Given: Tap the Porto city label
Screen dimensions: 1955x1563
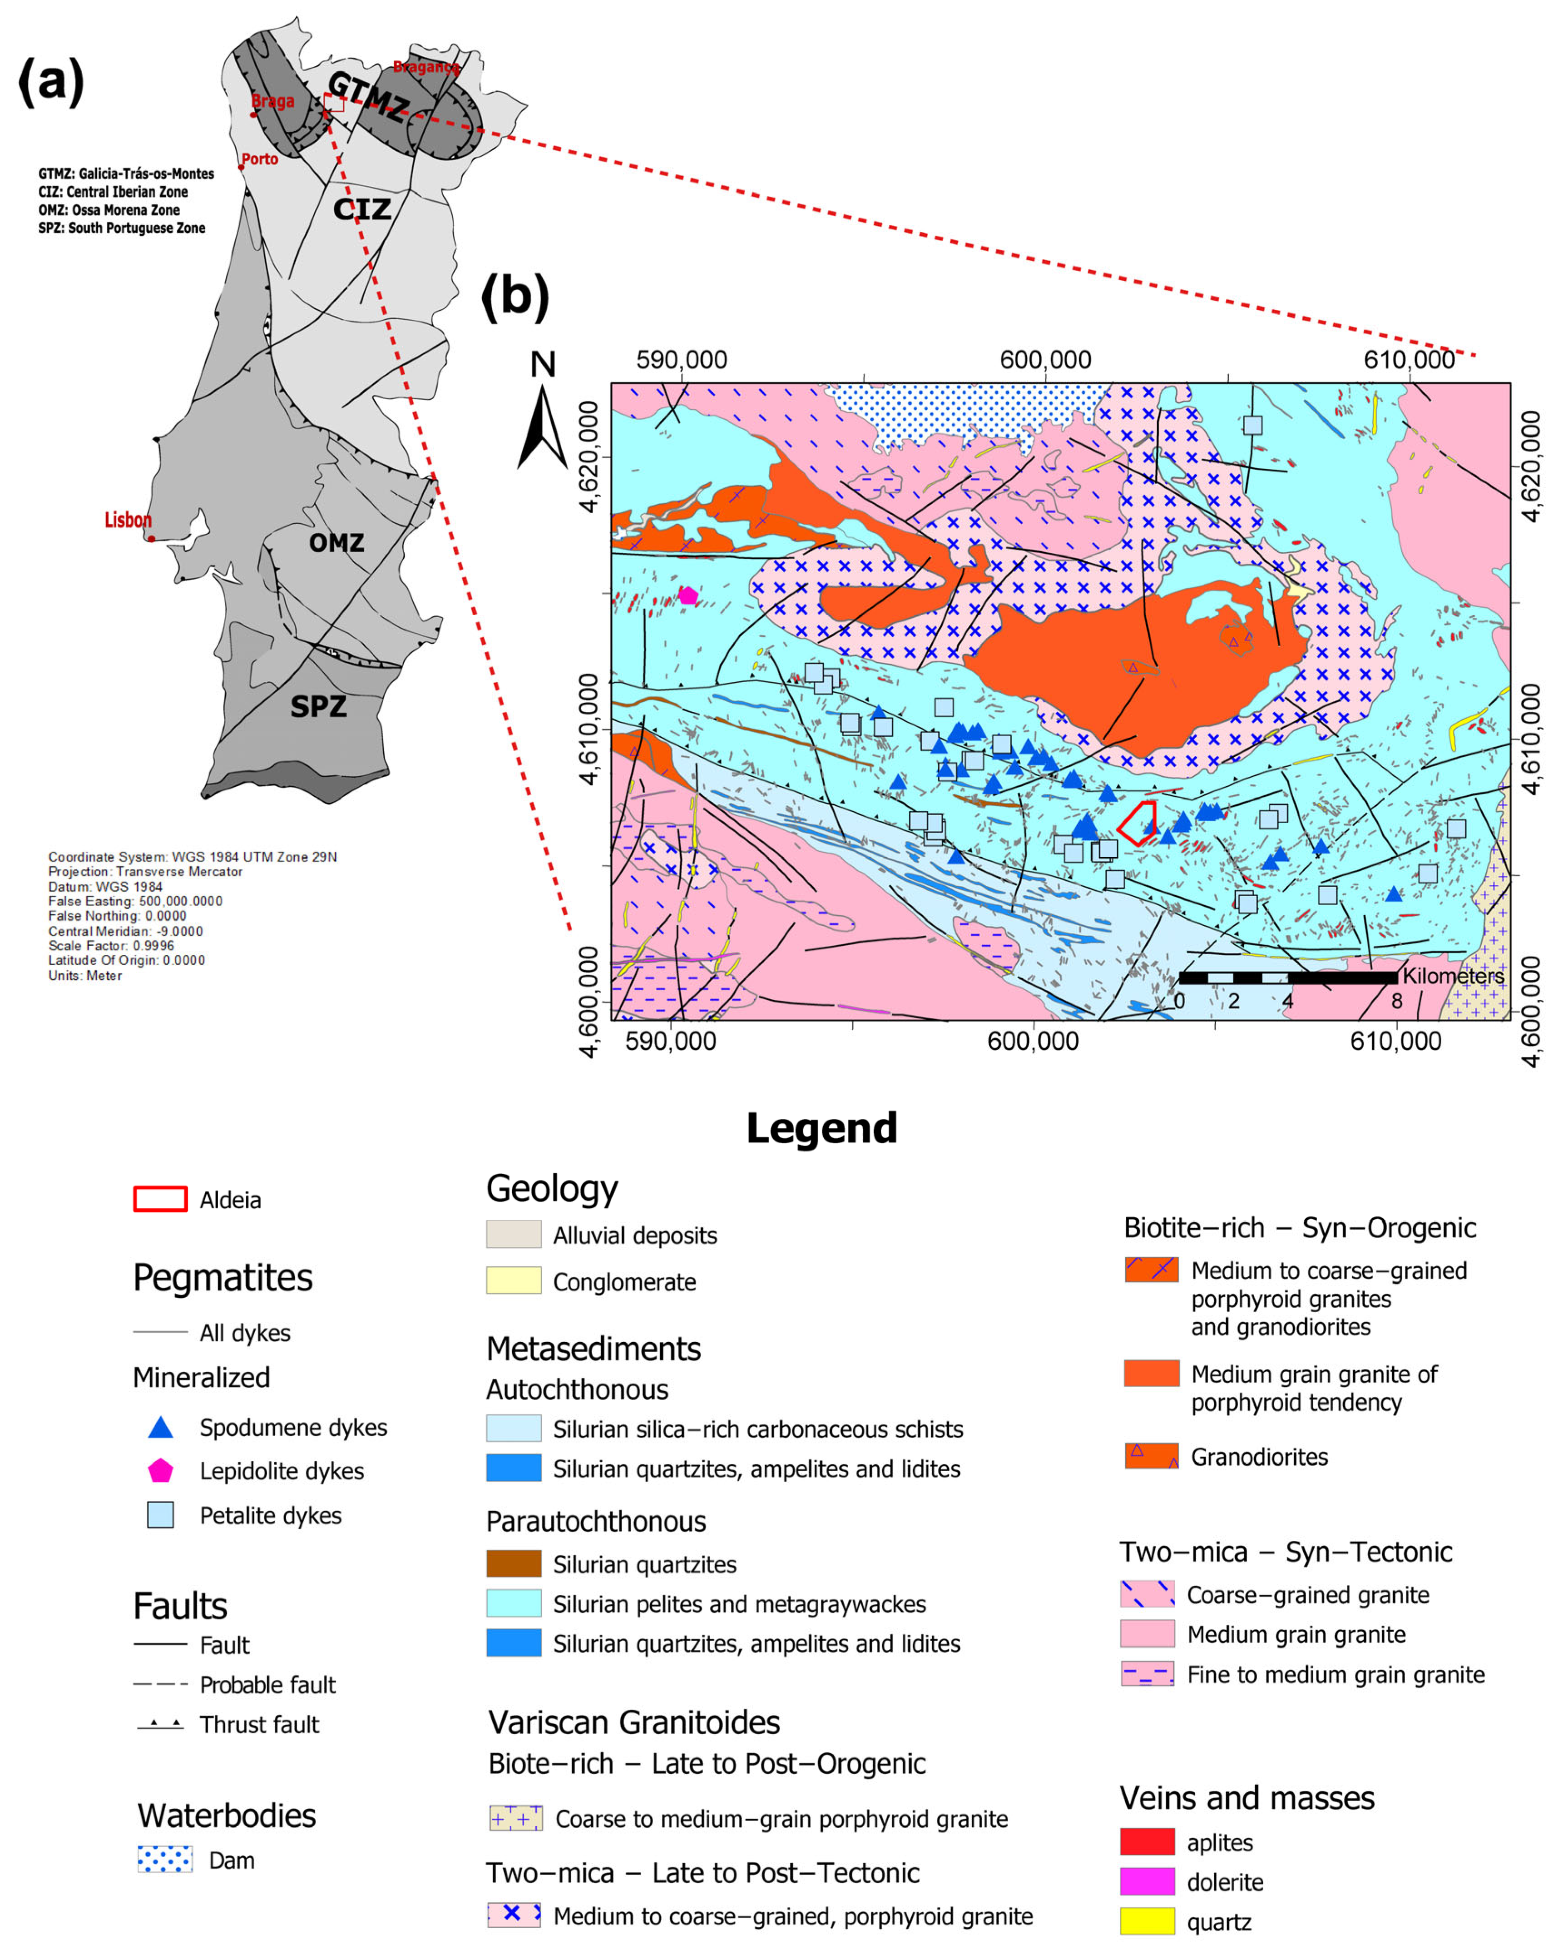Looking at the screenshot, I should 259,159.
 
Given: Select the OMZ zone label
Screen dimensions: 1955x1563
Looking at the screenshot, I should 336,543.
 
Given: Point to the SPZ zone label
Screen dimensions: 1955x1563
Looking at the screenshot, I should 318,706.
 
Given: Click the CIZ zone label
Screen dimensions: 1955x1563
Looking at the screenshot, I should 362,209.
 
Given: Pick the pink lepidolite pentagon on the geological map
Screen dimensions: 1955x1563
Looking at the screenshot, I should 688,596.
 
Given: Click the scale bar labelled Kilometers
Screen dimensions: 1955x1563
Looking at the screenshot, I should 1287,977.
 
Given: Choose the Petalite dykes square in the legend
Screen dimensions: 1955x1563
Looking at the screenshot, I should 160,1515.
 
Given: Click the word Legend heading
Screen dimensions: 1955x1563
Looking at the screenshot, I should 821,1128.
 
